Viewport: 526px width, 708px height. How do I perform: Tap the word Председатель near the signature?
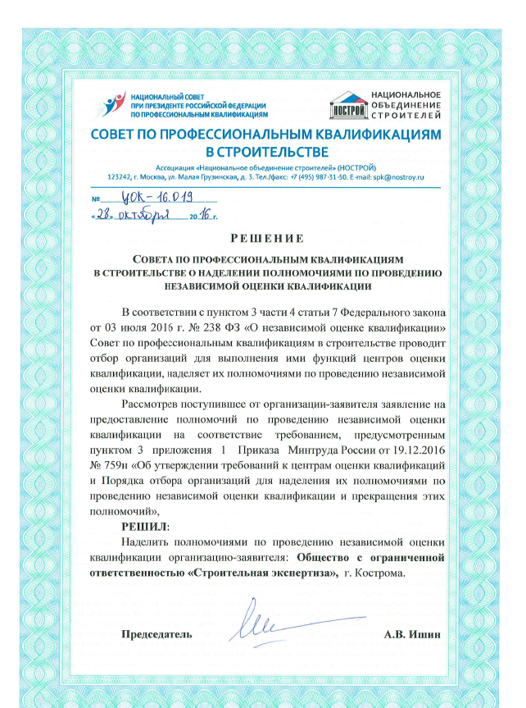(x=157, y=634)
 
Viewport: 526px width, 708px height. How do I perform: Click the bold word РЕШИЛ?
(x=143, y=527)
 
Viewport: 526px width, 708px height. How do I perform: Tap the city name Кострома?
(x=380, y=573)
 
